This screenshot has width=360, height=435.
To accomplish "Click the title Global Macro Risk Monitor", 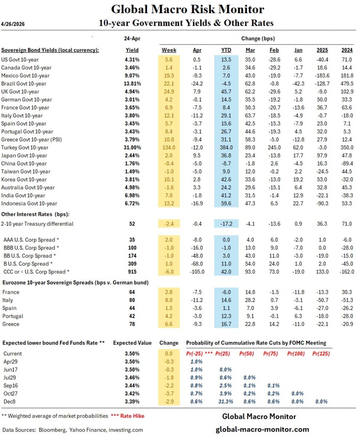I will tap(187, 9).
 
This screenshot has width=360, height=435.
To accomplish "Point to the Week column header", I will tap(169, 50).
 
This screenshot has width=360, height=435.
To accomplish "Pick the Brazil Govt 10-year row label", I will tap(24, 83).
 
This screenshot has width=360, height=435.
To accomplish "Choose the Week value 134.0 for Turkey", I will tap(169, 148).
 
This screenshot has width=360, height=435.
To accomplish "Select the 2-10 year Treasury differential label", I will tap(37, 224).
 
